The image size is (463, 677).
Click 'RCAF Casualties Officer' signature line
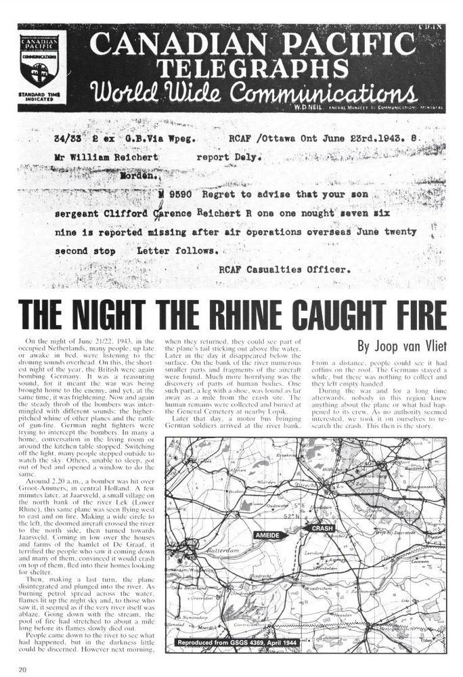coord(275,268)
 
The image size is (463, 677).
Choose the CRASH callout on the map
coord(322,528)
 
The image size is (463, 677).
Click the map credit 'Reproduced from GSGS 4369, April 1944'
coord(239,642)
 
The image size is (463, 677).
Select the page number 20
coord(23,670)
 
